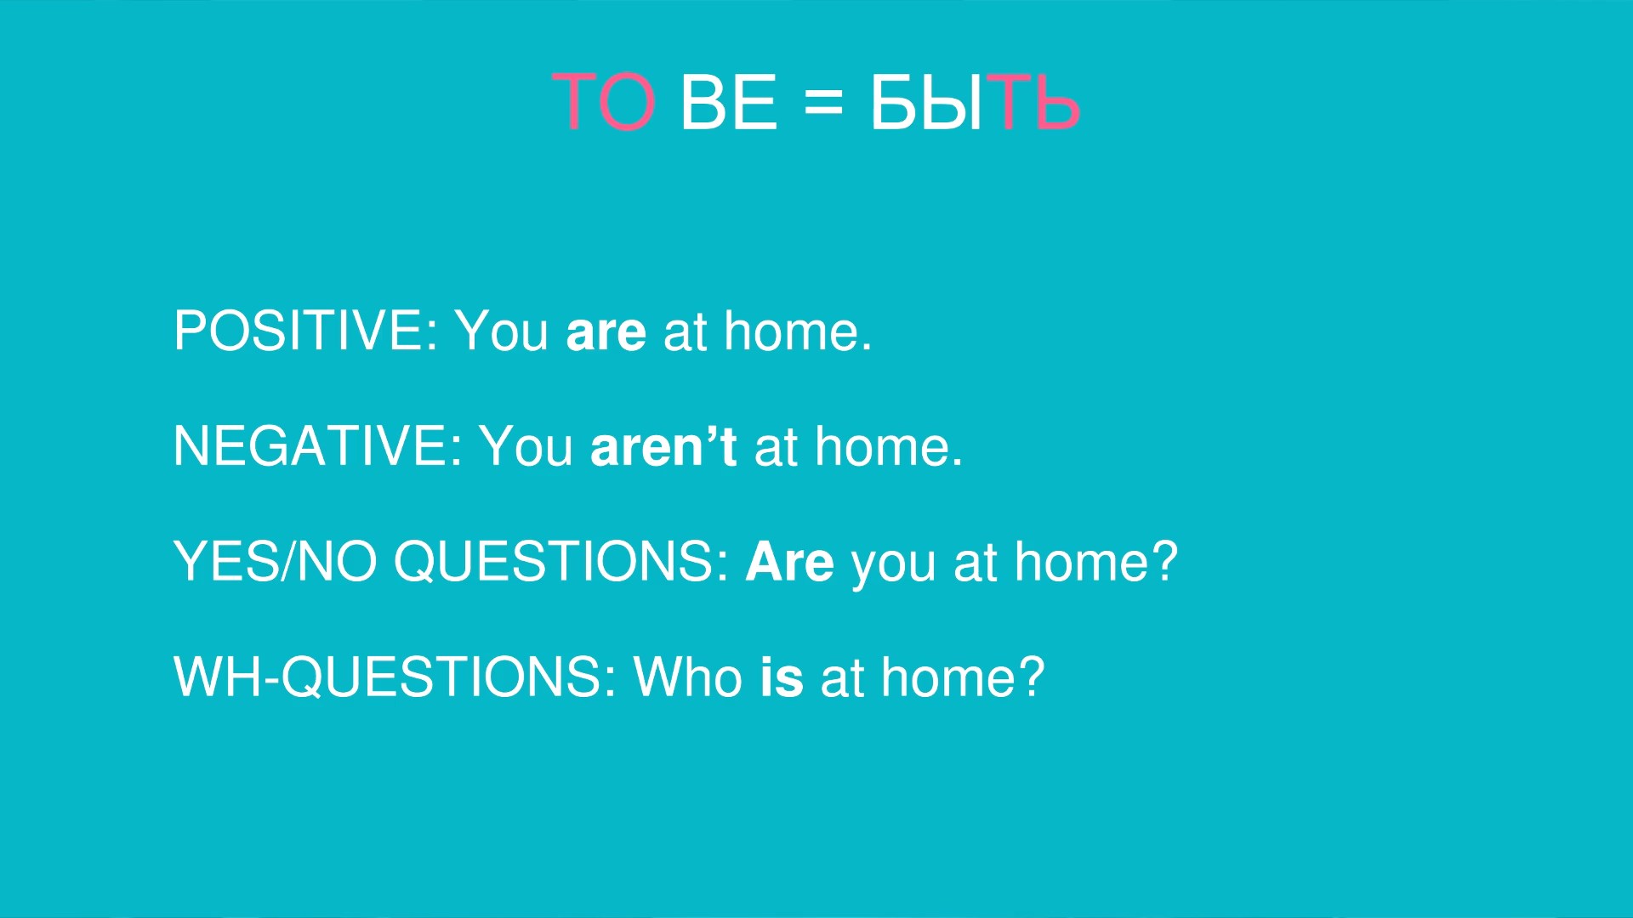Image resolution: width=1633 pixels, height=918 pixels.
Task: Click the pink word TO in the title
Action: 604,102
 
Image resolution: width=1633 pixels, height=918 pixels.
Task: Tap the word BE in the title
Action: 729,102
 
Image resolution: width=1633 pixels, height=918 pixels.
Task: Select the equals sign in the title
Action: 823,103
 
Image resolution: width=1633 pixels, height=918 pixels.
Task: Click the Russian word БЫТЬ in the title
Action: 975,102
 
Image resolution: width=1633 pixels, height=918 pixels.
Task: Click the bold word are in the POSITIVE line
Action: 606,332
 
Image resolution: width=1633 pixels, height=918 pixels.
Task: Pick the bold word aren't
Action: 663,446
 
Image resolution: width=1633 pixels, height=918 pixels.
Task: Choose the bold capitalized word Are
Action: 790,562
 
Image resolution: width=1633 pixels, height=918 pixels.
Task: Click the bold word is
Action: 782,677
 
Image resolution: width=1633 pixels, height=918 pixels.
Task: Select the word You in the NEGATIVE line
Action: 526,446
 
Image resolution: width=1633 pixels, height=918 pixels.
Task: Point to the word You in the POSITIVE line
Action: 502,331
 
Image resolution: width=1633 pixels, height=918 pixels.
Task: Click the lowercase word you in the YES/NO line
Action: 893,567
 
